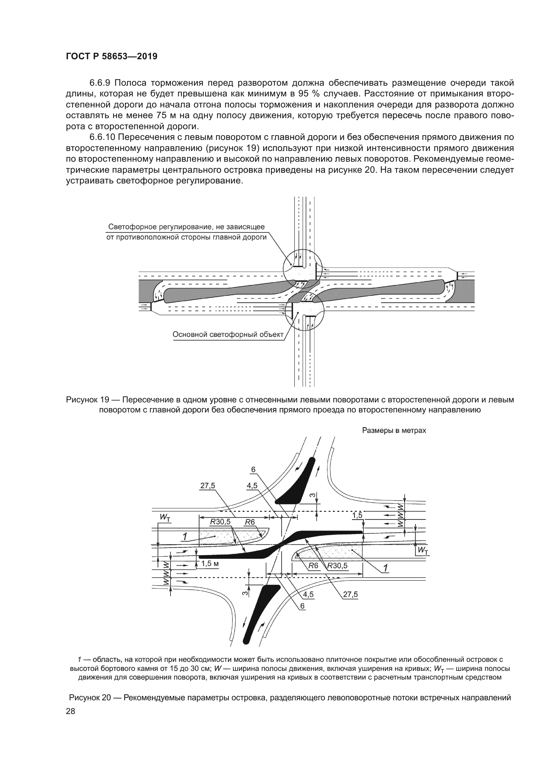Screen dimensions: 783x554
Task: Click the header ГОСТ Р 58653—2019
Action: click(112, 57)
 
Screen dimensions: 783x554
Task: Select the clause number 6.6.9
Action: click(100, 83)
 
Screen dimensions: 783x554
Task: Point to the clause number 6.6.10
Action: click(103, 137)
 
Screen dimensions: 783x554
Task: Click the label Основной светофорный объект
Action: click(228, 334)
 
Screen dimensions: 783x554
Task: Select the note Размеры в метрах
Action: click(394, 431)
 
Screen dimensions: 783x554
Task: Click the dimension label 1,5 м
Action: click(210, 563)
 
